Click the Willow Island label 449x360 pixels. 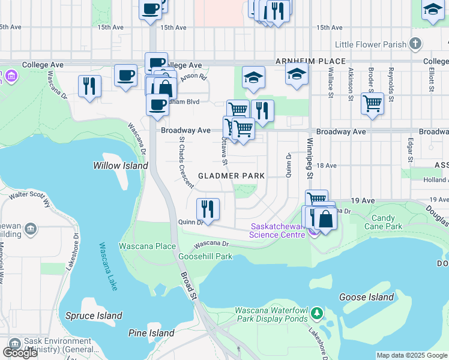coord(120,166)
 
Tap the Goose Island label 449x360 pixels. coord(366,297)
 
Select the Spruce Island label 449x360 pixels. coord(93,316)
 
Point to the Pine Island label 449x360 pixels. coord(151,333)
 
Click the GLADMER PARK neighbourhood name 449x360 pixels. coord(231,176)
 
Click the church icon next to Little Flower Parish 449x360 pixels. coord(415,44)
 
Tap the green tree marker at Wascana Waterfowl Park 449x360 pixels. coord(316,313)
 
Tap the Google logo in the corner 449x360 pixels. coord(19,352)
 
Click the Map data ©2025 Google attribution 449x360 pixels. coord(411,355)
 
